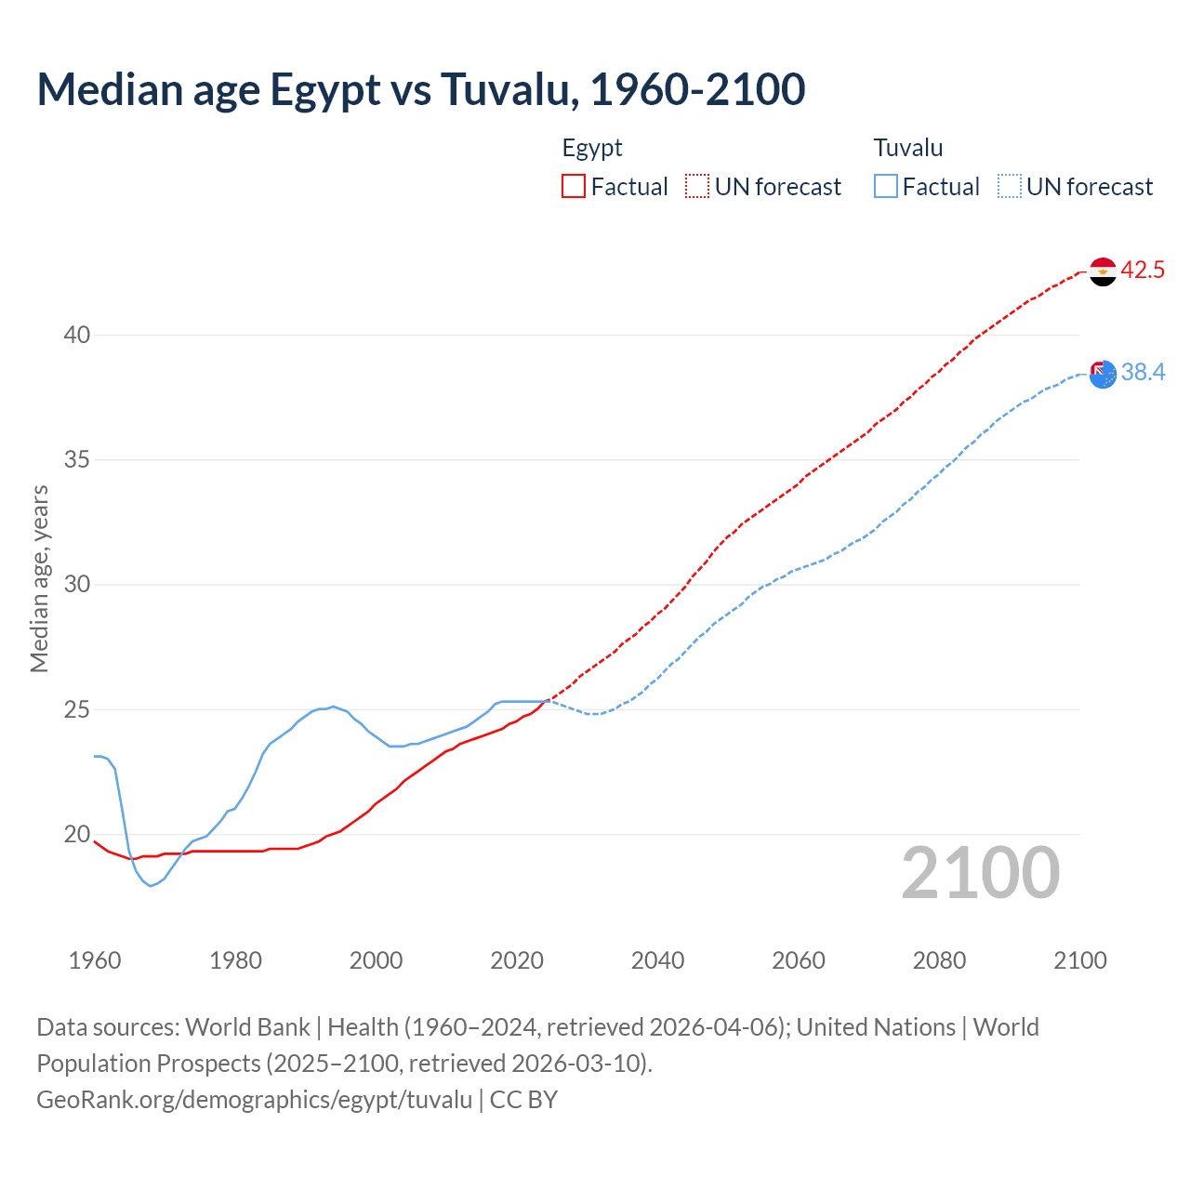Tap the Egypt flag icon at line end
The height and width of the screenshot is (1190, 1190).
click(1103, 271)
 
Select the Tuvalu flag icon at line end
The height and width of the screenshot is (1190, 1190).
click(1103, 374)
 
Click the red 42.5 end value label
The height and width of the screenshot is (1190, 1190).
click(1143, 271)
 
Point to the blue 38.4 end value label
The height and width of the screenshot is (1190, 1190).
click(1143, 373)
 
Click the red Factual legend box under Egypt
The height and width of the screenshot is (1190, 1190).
click(574, 187)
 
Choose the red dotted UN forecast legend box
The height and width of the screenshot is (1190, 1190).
click(697, 187)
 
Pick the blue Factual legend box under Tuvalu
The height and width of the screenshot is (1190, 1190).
click(886, 187)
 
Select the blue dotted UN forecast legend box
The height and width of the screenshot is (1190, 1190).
click(1010, 187)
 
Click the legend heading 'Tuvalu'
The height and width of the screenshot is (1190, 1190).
click(908, 148)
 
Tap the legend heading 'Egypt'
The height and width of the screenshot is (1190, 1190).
click(592, 148)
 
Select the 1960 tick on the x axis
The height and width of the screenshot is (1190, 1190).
click(95, 960)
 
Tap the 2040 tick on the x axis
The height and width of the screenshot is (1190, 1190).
click(657, 960)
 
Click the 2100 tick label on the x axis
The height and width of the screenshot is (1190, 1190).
click(1080, 960)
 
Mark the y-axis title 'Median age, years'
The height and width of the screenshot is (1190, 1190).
click(39, 578)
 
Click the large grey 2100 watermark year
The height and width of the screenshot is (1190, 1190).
click(981, 873)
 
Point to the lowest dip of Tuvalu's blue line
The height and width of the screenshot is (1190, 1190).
click(151, 885)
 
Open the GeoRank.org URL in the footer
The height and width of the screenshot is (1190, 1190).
click(254, 1100)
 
